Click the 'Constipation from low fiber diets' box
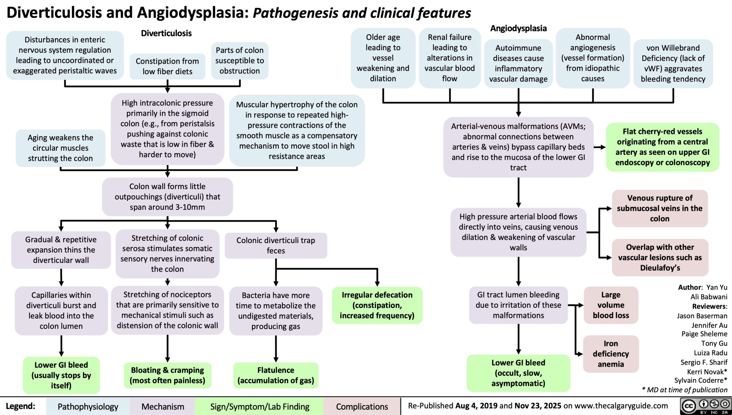167,66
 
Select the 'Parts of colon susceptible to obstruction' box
239,60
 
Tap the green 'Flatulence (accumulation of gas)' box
276,375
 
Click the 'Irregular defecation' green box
377,305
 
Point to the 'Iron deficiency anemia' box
610,354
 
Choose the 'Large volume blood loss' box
610,305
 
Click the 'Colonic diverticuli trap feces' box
276,245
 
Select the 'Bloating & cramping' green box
167,375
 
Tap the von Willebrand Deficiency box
673,63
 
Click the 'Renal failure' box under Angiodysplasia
449,58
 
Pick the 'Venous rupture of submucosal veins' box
659,208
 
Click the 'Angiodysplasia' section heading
518,28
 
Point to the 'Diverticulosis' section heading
166,33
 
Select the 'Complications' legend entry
362,406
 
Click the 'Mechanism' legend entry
163,406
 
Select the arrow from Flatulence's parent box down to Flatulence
276,349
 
